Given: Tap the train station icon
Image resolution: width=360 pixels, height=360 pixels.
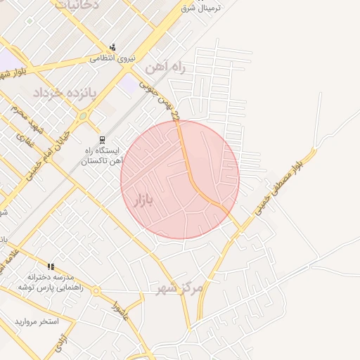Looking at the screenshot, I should (x=102, y=139).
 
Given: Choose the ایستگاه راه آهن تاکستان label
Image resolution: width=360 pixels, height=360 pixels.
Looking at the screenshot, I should (x=103, y=155).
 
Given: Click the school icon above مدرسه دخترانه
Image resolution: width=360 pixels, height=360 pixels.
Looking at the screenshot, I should (x=50, y=266).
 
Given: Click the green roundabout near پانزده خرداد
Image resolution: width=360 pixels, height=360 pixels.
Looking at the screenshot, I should (x=82, y=115).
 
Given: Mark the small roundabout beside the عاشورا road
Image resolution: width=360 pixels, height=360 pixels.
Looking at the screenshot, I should (x=96, y=290).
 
